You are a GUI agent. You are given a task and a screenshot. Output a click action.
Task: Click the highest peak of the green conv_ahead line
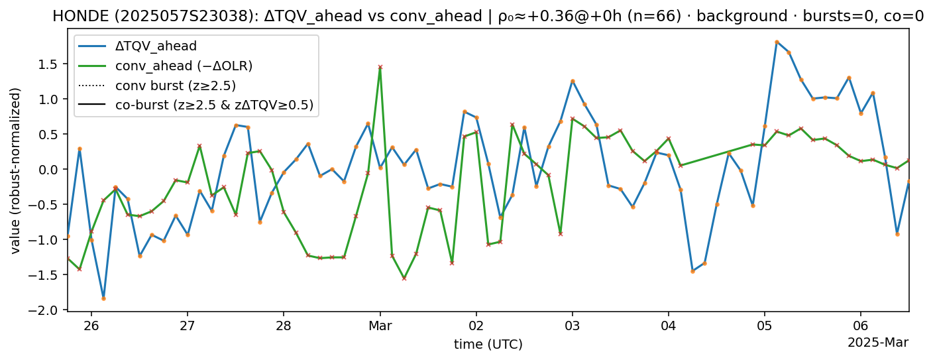[x=380, y=67]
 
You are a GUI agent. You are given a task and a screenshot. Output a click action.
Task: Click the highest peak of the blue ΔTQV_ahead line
[x=777, y=42]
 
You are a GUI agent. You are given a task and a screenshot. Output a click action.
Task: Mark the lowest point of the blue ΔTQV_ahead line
[x=103, y=298]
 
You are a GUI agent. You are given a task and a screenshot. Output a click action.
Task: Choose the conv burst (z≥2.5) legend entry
[x=175, y=85]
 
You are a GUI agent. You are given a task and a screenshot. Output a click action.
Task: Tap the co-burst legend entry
[x=214, y=105]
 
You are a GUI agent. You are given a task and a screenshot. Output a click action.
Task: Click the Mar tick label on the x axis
[x=380, y=326]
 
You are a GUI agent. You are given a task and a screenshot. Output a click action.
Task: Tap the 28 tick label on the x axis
[x=284, y=326]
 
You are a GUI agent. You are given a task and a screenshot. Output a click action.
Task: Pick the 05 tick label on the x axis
[x=765, y=326]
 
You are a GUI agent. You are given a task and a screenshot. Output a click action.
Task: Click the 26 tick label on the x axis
[x=91, y=326]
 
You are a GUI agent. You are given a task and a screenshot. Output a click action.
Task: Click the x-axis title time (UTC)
[x=488, y=344]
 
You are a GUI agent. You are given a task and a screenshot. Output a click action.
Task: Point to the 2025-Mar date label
[x=877, y=342]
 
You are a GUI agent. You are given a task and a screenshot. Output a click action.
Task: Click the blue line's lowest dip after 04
[x=692, y=271]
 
